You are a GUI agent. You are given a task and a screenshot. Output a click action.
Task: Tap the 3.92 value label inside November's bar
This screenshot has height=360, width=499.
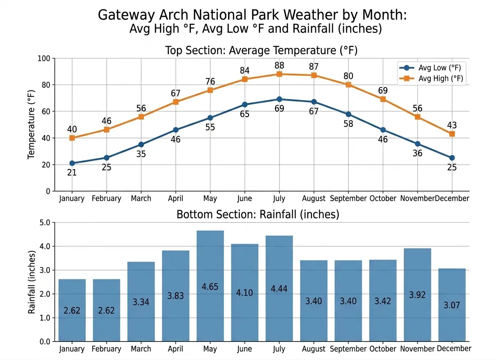coord(417,295)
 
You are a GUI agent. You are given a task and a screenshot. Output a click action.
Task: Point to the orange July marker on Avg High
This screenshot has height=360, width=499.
coord(279,74)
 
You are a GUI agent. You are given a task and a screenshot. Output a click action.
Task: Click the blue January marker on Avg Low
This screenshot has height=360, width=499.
coord(72,163)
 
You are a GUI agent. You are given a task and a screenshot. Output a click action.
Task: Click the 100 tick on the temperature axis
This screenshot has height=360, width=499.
coord(43,59)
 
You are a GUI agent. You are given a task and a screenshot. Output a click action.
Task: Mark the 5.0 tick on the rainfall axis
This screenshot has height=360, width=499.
coord(43,223)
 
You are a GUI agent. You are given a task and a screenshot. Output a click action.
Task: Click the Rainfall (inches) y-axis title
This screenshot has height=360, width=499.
coord(32,282)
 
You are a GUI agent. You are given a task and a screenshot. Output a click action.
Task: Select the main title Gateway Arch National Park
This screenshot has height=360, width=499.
coord(252,15)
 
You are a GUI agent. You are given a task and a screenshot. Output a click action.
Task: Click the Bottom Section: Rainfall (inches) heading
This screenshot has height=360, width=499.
coord(258,214)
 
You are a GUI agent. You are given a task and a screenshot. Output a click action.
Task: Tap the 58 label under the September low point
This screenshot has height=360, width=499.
coord(348,124)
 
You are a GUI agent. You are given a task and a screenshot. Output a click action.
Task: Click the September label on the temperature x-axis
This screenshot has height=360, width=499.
coord(348,199)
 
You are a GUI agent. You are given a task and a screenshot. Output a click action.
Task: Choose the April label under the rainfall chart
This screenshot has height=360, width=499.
coord(176,349)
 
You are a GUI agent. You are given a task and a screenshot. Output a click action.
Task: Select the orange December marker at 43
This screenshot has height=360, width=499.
coord(452,134)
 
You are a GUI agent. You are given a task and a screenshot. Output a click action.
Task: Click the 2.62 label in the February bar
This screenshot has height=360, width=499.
coord(106,311)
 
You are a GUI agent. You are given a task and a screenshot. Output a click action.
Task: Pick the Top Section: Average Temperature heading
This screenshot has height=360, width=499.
coord(261,50)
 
